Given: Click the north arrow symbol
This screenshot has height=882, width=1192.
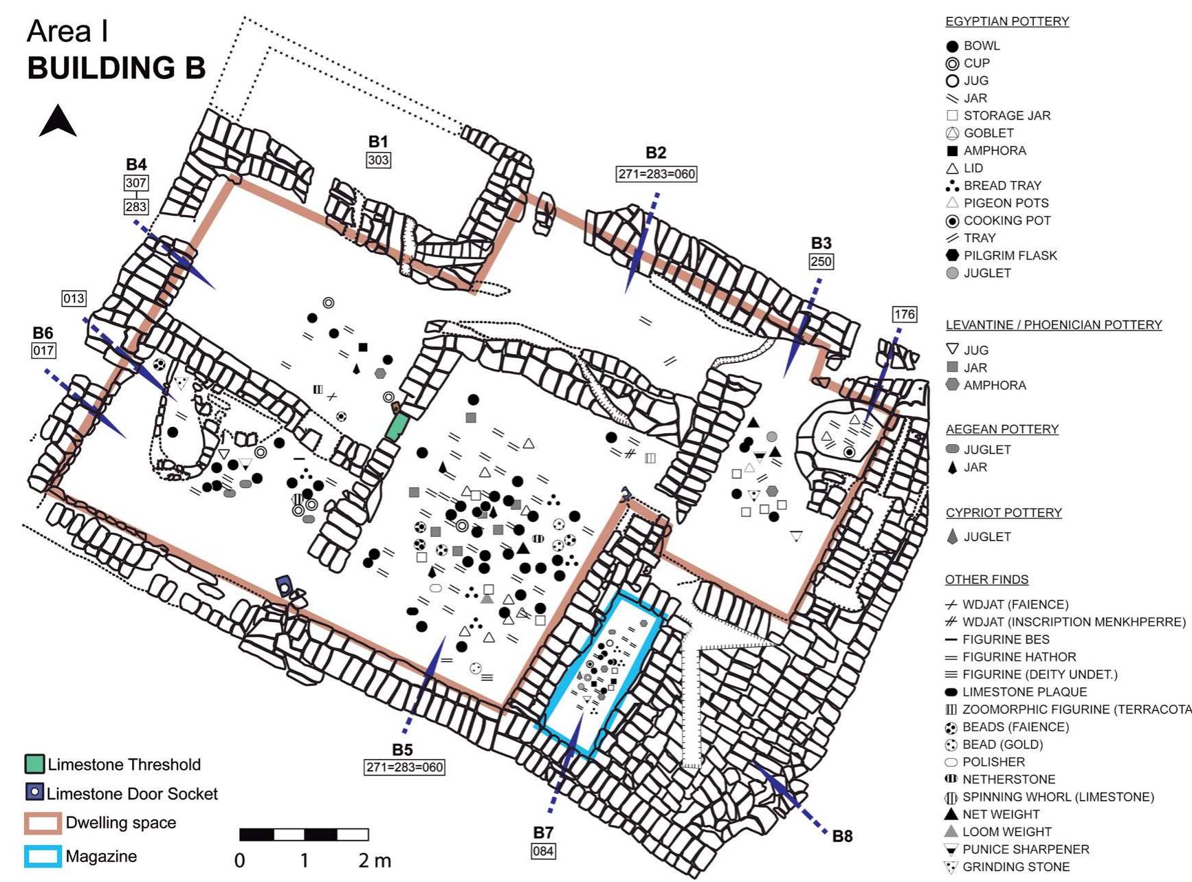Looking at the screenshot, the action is pos(58,122).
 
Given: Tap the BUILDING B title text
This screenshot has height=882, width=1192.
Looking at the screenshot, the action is pos(116,68).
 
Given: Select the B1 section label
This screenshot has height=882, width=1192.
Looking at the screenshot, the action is pos(378,142).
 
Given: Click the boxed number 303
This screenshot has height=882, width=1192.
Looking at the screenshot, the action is pos(378,160).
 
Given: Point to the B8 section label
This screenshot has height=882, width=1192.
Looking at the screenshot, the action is pos(842,836).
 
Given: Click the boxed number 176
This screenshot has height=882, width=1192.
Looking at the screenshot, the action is pos(905,314).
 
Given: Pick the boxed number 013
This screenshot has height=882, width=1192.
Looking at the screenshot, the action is pos(74,298).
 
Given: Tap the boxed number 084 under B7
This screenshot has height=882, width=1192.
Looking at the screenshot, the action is pos(543,851).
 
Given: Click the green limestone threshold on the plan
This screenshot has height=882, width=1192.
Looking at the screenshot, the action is pos(397,426).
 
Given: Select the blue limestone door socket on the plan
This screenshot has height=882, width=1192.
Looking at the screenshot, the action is pos(285,586).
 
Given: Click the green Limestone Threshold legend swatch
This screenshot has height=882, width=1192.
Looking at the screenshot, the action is pos(34,764).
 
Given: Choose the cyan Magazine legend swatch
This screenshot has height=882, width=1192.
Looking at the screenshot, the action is pos(43,856).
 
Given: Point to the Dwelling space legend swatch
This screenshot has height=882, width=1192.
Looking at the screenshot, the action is pos(43,823).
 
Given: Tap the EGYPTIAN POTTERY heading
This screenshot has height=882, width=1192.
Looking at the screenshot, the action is pos(1007,21).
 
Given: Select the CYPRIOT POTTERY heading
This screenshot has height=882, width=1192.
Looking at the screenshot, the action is pos(1004,513).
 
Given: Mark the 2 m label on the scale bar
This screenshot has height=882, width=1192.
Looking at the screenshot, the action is pos(374,860).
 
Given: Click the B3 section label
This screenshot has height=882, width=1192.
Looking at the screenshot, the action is pos(821,243).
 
